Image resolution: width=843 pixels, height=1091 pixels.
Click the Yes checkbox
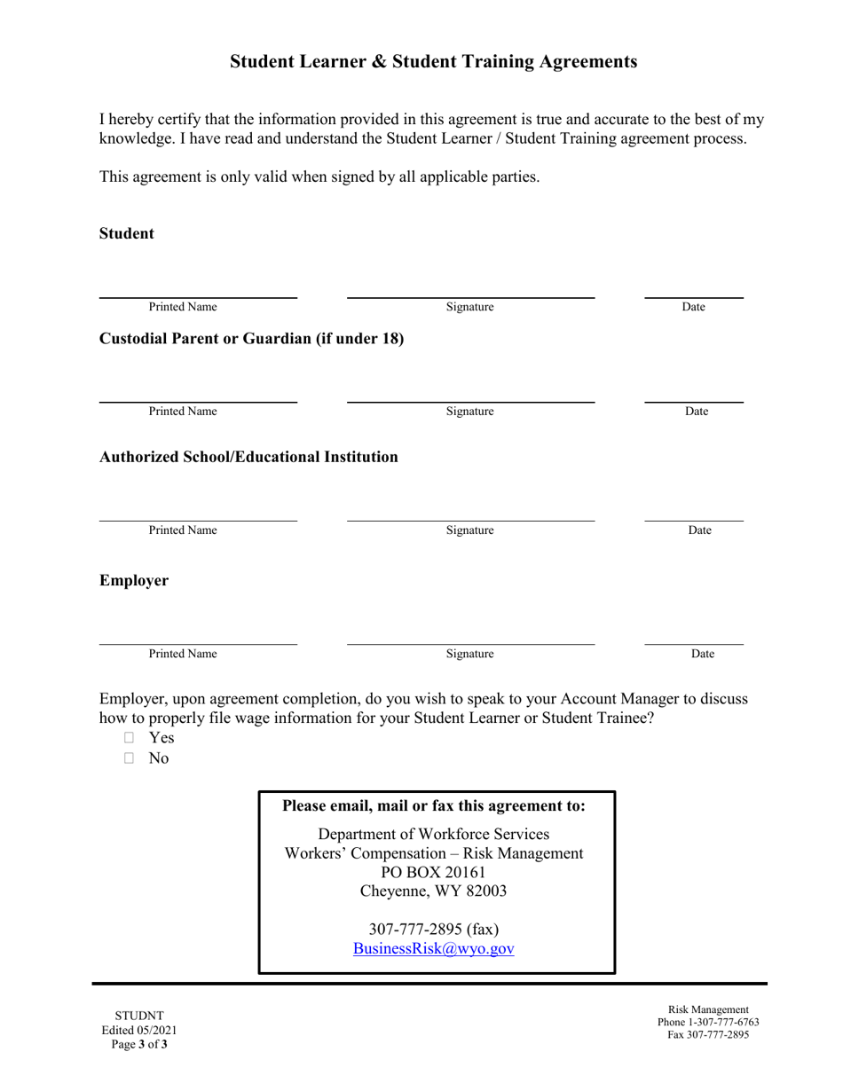[x=130, y=738]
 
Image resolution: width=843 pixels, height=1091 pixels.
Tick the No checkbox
[x=130, y=758]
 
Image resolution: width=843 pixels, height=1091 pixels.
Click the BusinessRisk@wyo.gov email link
[x=433, y=948]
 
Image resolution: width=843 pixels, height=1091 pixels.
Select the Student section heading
[x=127, y=234]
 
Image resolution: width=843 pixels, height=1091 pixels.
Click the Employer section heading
[x=134, y=581]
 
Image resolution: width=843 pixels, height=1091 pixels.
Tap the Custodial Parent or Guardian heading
[x=251, y=339]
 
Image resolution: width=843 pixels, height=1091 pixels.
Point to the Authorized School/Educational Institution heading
[x=248, y=457]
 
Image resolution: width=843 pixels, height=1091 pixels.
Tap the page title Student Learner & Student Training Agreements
[x=433, y=61]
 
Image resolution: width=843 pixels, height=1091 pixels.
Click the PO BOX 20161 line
[x=433, y=872]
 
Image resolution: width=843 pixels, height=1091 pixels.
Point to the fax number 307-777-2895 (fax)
[x=433, y=930]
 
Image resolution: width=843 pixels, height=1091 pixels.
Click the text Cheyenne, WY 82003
[x=433, y=891]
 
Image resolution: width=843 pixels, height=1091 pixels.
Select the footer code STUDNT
[x=139, y=1016]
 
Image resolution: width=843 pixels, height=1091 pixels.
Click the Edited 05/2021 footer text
[x=139, y=1030]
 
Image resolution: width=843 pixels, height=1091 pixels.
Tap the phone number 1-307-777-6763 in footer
[x=708, y=1022]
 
